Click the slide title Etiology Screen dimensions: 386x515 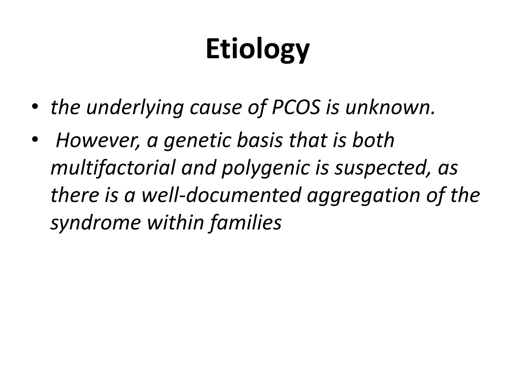point(257,50)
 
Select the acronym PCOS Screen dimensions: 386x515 point(296,108)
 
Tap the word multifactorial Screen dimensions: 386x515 point(113,168)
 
